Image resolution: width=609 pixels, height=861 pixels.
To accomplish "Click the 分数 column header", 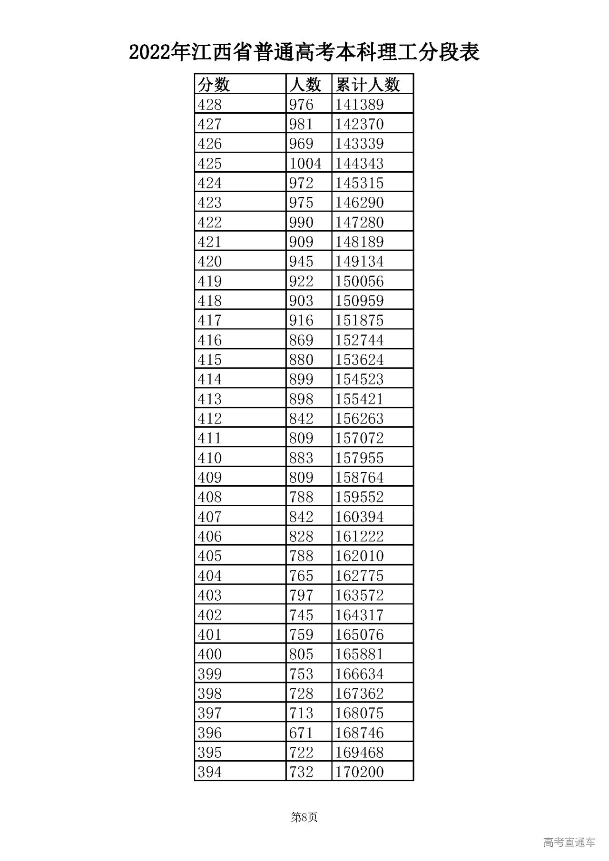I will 214,85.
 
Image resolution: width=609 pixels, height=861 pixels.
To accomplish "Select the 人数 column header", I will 305,85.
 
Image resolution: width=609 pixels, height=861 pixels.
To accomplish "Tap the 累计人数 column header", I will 368,85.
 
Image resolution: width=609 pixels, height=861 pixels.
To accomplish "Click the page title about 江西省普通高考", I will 304,52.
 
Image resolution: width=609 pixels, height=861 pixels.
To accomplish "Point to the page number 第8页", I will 304,817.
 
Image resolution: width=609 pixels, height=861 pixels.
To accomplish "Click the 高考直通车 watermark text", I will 569,842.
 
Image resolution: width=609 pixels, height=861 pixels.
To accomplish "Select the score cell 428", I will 210,105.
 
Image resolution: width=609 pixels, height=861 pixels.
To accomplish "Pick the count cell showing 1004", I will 305,164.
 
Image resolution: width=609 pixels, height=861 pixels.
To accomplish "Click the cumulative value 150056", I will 360,281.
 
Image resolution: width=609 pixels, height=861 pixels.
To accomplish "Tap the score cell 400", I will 210,654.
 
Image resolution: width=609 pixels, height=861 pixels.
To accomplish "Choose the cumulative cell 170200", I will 360,772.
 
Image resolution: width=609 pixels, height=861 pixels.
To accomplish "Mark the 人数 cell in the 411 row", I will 301,438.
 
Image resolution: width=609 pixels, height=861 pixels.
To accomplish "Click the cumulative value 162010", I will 360,556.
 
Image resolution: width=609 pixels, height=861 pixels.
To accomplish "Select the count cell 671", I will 301,733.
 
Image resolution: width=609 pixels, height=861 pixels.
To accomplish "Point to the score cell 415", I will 210,360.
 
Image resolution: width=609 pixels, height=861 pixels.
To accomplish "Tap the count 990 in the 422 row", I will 301,223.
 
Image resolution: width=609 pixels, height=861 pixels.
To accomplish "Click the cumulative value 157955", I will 360,458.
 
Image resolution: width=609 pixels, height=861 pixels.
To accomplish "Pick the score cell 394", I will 210,772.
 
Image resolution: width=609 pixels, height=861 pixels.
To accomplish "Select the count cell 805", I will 301,654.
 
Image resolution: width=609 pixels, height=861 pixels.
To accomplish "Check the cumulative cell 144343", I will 360,164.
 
